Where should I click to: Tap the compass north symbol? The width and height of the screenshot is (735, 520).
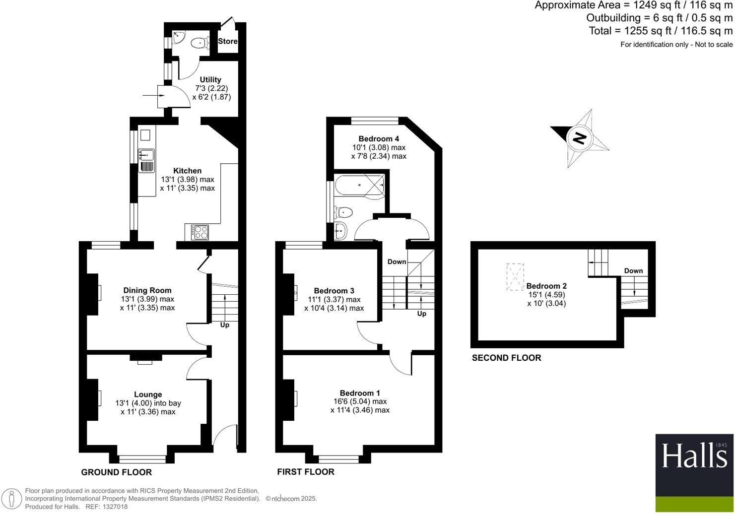pos(579,138)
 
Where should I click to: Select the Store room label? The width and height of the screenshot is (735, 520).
pos(228,41)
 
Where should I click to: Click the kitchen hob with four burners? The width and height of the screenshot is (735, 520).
pos(200,232)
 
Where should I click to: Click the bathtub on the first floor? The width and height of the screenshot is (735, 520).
pos(360,185)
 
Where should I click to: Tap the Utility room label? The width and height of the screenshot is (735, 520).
pos(210,79)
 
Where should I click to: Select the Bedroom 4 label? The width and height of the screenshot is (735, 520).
pos(379,139)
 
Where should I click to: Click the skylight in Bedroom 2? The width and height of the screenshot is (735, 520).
pos(515,277)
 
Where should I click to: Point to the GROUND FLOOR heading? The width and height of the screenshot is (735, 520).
pos(117,472)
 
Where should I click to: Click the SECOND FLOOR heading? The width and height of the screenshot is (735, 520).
pos(506,358)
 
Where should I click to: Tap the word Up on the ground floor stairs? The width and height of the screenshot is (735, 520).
pos(224,325)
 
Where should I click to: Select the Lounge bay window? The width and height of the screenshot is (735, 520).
pos(143,459)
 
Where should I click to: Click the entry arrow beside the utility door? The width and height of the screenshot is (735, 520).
pos(149,96)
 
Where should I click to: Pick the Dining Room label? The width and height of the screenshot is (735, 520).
pos(147,291)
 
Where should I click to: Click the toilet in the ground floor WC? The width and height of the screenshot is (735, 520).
pos(200,43)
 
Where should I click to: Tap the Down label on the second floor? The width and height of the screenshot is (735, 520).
pos(633,271)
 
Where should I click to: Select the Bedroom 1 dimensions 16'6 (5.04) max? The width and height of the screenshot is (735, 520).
pos(360,401)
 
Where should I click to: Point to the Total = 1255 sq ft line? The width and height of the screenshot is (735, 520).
pos(660,31)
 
